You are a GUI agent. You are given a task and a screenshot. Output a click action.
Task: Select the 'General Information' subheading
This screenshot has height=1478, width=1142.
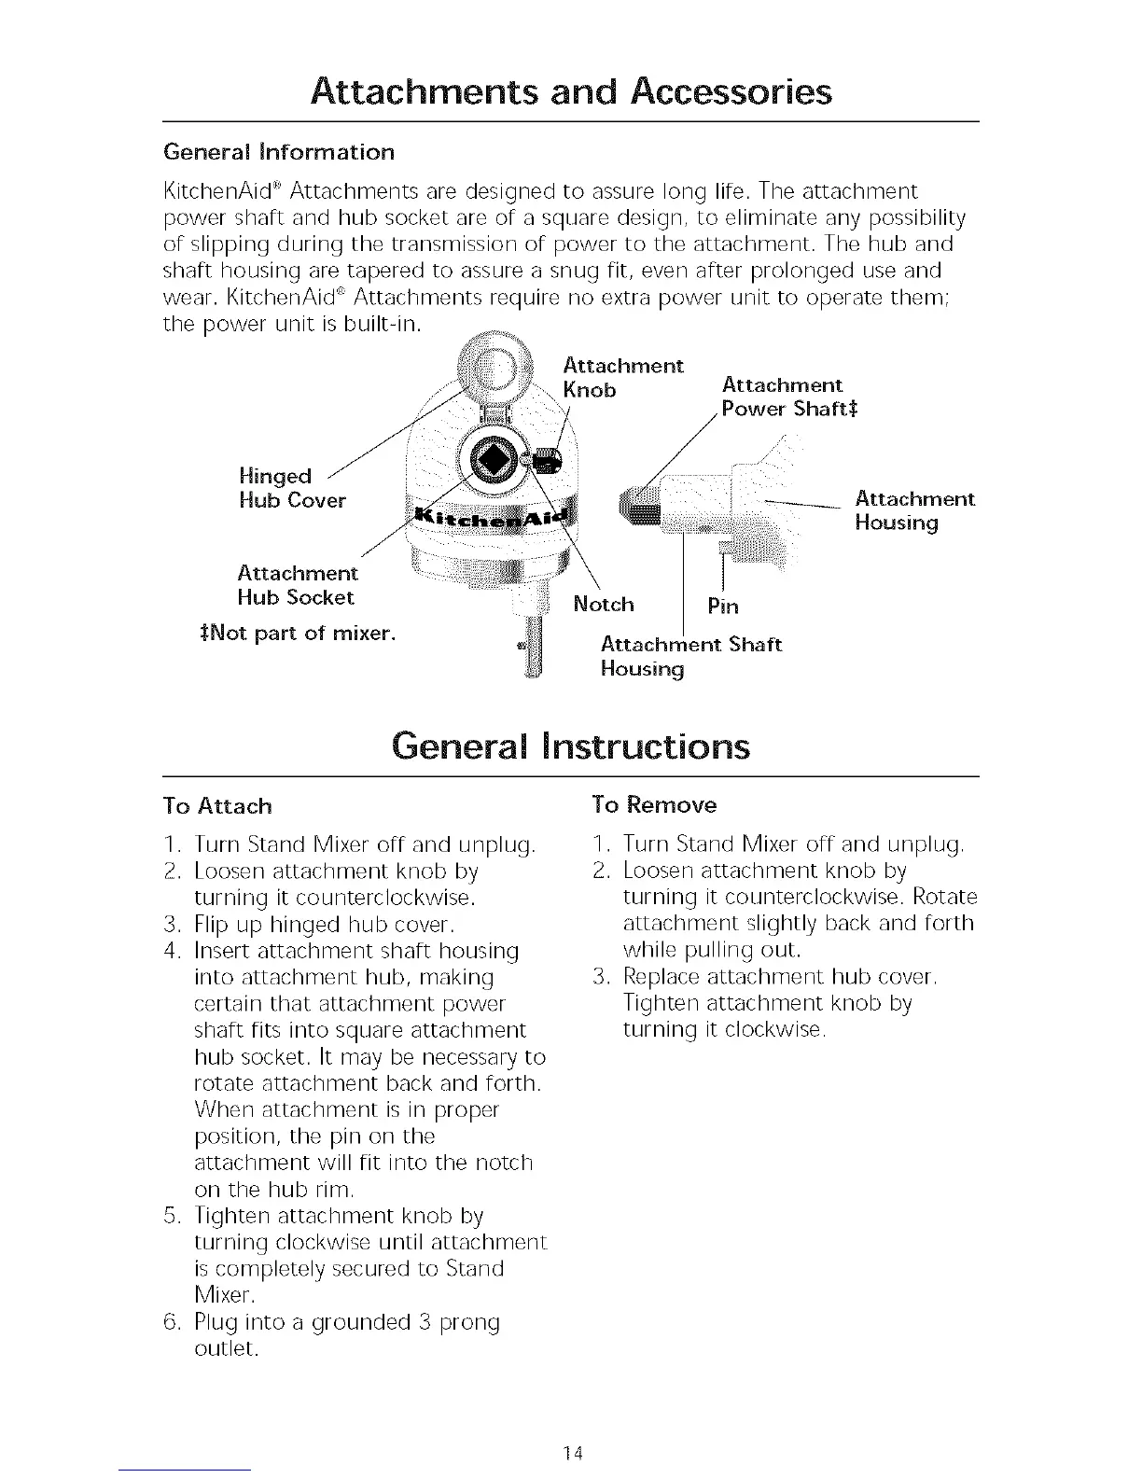click(279, 152)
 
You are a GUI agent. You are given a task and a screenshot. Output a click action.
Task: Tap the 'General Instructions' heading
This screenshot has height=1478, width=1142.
click(570, 746)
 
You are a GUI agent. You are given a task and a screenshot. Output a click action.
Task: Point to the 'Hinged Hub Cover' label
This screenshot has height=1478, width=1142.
click(291, 489)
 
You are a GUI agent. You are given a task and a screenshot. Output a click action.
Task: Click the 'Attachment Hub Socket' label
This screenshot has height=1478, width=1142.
click(297, 584)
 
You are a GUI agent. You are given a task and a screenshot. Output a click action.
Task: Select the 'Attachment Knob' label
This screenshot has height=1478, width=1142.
click(623, 377)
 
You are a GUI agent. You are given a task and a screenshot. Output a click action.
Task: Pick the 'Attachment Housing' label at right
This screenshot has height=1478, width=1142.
click(914, 510)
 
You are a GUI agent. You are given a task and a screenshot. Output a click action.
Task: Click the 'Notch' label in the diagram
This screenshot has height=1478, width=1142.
click(604, 605)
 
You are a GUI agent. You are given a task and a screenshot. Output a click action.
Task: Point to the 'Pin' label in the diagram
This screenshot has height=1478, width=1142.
click(722, 607)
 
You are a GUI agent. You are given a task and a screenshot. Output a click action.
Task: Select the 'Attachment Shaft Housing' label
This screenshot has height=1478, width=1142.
click(690, 657)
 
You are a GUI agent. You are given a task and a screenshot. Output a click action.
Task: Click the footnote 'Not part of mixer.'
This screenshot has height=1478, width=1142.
click(293, 634)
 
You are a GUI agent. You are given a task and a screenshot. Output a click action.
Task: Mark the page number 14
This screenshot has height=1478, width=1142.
click(572, 1452)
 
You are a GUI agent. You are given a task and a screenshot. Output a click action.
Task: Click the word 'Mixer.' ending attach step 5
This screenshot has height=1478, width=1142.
click(224, 1295)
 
